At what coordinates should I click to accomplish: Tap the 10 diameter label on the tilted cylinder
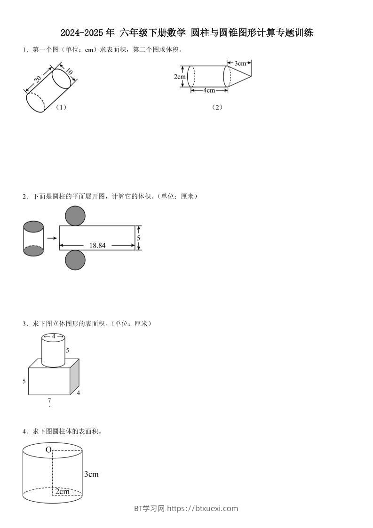point(69,72)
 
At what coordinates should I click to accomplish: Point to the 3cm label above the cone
point(240,63)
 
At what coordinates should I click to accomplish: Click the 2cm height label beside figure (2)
point(179,76)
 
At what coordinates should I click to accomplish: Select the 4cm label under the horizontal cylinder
point(209,90)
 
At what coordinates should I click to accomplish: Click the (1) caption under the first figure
point(61,107)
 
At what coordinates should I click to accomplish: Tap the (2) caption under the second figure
point(217,107)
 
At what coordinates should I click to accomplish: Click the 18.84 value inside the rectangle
point(97,245)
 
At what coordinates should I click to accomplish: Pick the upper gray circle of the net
point(75,216)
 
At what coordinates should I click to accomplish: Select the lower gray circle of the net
point(75,260)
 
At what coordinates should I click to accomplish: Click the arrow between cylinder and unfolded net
point(52,238)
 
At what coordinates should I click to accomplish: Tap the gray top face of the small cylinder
point(33,227)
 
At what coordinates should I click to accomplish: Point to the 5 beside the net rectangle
point(138,238)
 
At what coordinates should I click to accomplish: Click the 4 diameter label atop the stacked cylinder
point(53,336)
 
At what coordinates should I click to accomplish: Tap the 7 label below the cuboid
point(49,401)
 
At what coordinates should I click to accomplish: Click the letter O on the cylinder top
point(48,450)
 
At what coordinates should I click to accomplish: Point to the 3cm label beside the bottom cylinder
point(91,474)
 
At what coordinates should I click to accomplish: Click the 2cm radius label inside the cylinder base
point(62,492)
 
